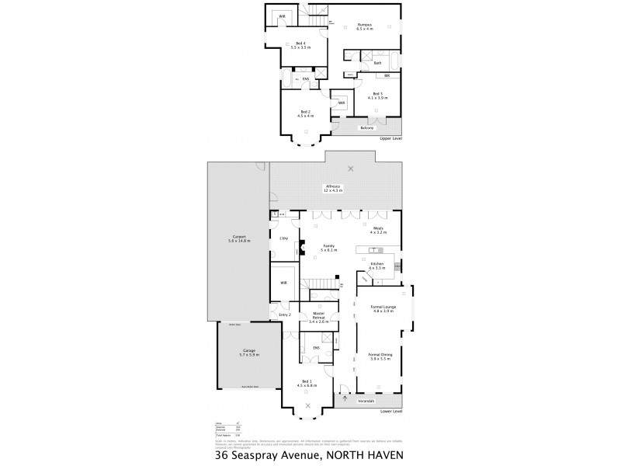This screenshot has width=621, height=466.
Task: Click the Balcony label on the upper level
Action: click(x=366, y=128)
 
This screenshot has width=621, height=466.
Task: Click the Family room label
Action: click(x=328, y=247)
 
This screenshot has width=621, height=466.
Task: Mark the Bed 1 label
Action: click(x=304, y=382)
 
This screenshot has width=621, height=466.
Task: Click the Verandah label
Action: click(x=367, y=402)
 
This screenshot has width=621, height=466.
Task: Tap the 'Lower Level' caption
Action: click(x=391, y=411)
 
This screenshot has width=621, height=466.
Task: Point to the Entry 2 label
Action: click(x=283, y=315)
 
